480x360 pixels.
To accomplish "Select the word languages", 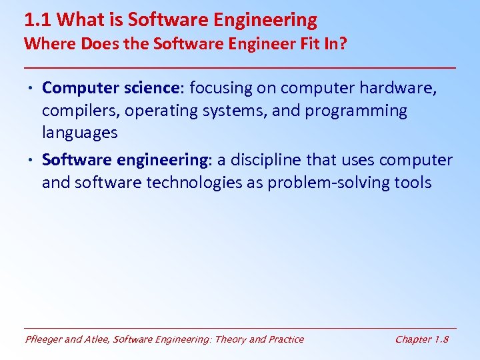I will pos(79,133).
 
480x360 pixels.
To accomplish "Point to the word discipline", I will pos(268,161).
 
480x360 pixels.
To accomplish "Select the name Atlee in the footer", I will pos(97,339).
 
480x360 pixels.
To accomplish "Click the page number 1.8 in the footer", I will pos(441,339).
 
